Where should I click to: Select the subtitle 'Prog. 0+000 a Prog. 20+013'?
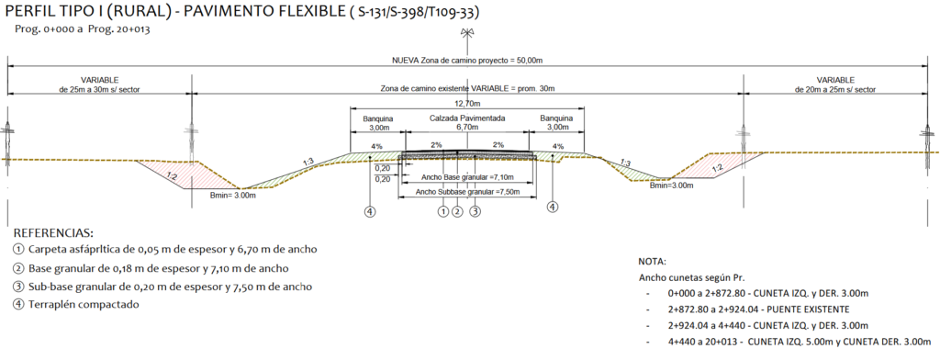click(x=82, y=28)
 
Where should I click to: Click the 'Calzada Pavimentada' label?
click(x=467, y=118)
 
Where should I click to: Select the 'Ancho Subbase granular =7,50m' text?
click(x=467, y=192)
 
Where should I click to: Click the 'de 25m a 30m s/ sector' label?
click(x=99, y=89)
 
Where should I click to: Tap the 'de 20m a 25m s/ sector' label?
click(x=835, y=89)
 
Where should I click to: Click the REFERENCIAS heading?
click(x=53, y=232)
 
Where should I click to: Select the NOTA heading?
click(x=653, y=263)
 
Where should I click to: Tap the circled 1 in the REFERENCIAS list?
click(x=18, y=250)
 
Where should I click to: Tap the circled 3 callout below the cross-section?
click(x=475, y=211)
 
